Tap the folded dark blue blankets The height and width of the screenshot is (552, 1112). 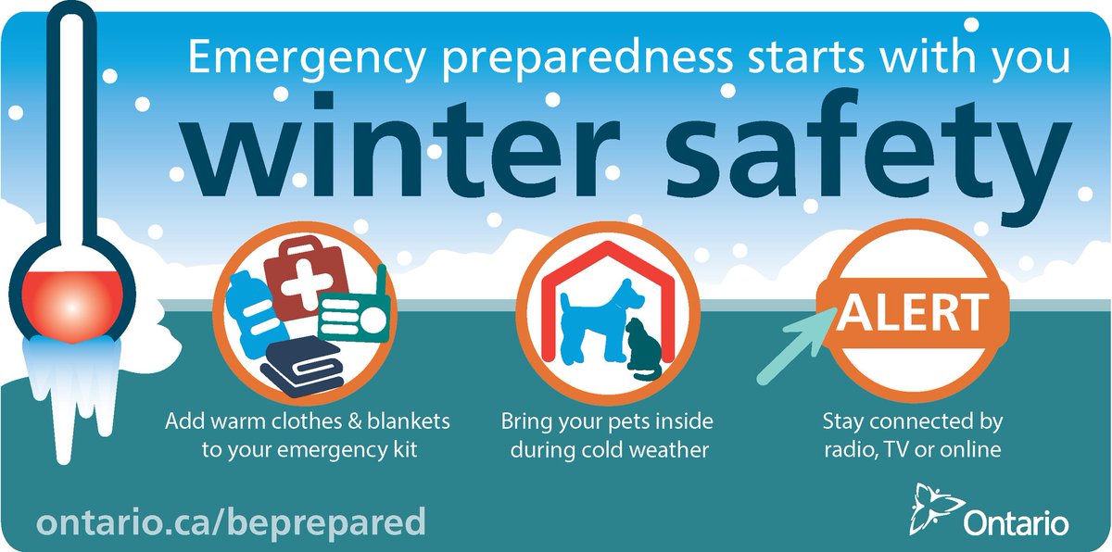(306, 366)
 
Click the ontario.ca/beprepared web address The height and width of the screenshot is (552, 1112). (231, 521)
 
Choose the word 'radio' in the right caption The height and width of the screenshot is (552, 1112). (844, 451)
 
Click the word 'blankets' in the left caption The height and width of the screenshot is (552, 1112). (411, 422)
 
